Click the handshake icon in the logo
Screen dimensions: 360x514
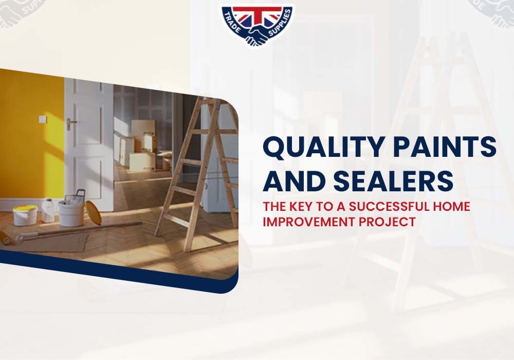(257, 35)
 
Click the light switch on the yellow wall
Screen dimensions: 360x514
(42, 119)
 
